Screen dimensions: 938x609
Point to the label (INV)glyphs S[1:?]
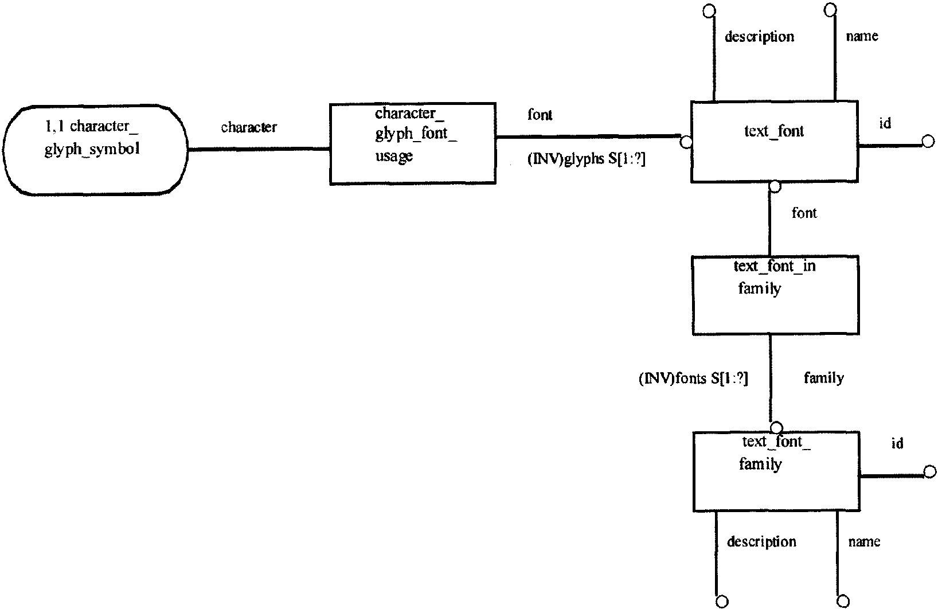coord(586,159)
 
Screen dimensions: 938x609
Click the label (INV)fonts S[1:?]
coord(693,378)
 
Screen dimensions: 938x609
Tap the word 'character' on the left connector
coord(249,127)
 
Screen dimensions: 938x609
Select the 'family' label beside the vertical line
coord(824,378)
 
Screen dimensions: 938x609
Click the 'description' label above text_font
coord(759,37)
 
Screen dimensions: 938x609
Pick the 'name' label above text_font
coord(862,36)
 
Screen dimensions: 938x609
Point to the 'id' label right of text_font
coord(885,123)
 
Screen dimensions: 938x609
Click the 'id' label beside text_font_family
coord(897,443)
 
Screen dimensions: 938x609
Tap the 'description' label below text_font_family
coord(761,541)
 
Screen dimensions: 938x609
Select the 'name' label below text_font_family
coord(864,541)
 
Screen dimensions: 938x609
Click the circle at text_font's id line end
coord(928,142)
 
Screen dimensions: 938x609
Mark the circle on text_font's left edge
coord(686,142)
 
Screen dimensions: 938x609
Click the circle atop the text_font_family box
coord(777,428)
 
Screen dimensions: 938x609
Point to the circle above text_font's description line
coord(709,11)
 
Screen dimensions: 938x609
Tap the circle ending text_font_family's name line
coord(843,601)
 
